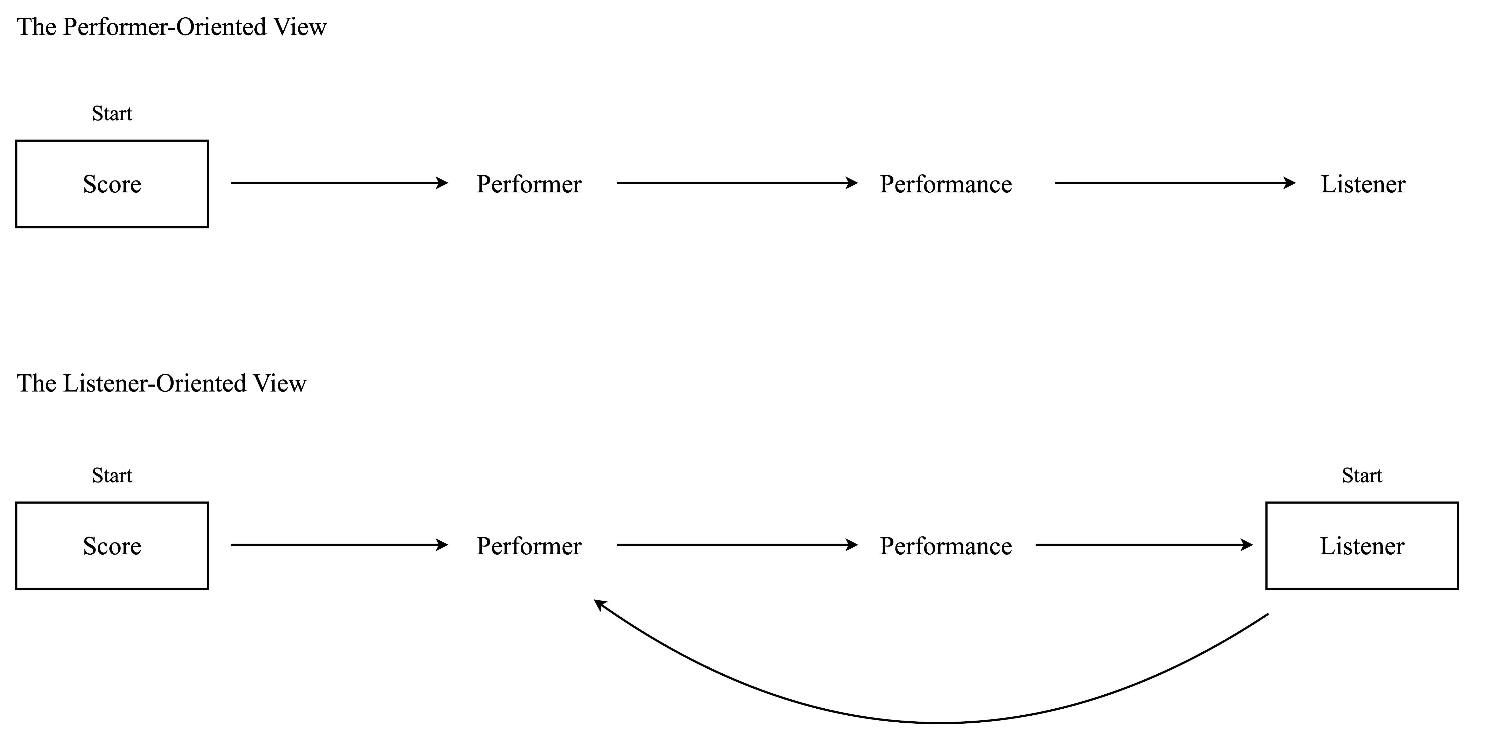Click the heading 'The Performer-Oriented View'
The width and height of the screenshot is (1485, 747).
pyautogui.click(x=172, y=27)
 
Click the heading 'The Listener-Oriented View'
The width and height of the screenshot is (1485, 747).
pyautogui.click(x=162, y=383)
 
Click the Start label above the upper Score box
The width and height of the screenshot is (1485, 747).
pyautogui.click(x=112, y=114)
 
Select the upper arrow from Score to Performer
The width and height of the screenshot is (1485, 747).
pyautogui.click(x=340, y=183)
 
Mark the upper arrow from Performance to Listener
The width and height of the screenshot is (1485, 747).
pyautogui.click(x=1175, y=183)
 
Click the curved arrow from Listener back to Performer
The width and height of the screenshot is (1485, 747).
pyautogui.click(x=940, y=723)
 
